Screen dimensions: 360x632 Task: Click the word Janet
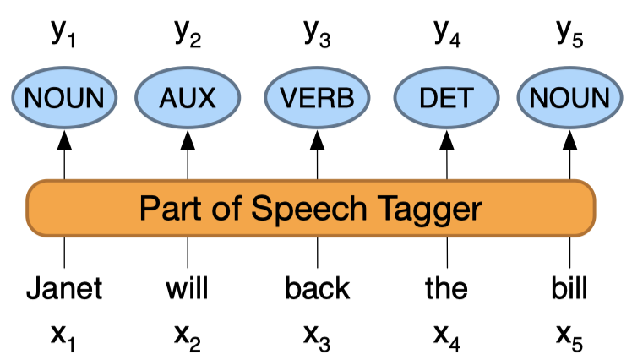pyautogui.click(x=64, y=288)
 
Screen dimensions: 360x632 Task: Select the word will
pyautogui.click(x=188, y=288)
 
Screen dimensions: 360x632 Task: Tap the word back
pyautogui.click(x=318, y=288)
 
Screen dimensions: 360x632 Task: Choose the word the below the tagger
pyautogui.click(x=446, y=288)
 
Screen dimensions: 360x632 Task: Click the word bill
pyautogui.click(x=569, y=288)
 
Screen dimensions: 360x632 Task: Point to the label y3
pyautogui.click(x=318, y=32)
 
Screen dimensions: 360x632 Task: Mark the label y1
pyautogui.click(x=64, y=32)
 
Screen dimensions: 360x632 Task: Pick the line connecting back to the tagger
pyautogui.click(x=318, y=251)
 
